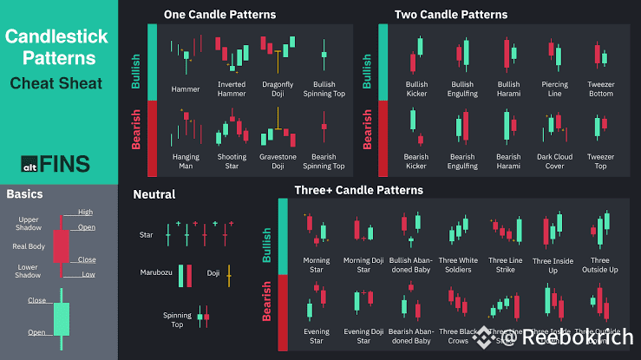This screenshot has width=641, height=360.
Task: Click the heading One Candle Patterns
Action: coord(219,15)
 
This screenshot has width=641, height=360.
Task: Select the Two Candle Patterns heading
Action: coord(451,15)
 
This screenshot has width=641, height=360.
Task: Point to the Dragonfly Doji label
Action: coord(278,89)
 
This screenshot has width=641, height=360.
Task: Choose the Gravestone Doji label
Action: coord(277,160)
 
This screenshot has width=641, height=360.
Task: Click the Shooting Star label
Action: coord(231,160)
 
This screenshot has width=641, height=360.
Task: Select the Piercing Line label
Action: coord(554,89)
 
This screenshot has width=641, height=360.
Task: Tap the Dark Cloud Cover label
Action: coord(554,160)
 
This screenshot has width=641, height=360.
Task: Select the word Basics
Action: coord(24,194)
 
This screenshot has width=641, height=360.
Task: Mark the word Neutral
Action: coord(154,194)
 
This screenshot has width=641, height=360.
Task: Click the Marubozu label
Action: coord(156,272)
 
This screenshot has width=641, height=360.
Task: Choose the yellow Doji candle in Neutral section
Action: coord(229,275)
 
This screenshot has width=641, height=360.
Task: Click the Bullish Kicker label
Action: coord(416,89)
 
